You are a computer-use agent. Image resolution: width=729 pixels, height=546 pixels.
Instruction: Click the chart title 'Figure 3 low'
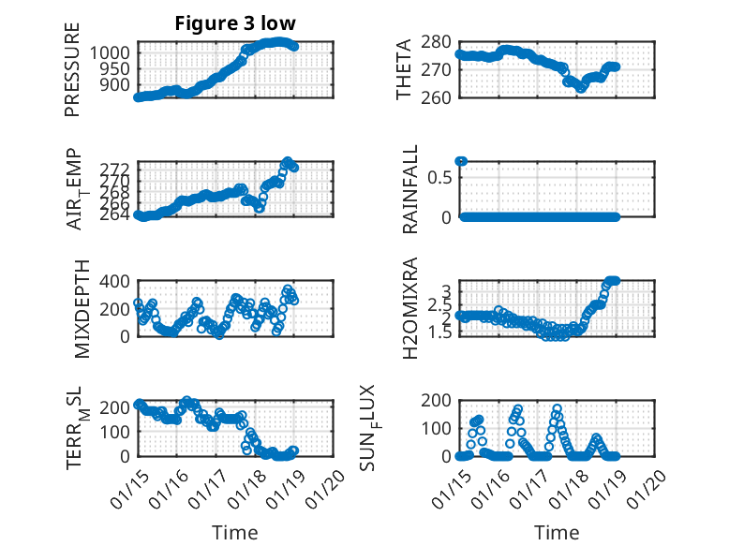click(235, 23)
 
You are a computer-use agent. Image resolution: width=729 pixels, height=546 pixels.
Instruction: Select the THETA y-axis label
click(404, 70)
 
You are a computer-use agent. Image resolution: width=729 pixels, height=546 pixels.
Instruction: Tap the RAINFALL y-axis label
click(409, 190)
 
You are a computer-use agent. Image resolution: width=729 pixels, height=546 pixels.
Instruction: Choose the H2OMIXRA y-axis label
click(409, 309)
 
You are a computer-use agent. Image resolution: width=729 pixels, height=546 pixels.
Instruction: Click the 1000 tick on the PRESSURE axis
click(113, 52)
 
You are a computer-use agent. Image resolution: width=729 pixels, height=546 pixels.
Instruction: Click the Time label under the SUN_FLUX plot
click(557, 532)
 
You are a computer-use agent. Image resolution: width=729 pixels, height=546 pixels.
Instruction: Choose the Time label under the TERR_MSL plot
click(234, 532)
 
